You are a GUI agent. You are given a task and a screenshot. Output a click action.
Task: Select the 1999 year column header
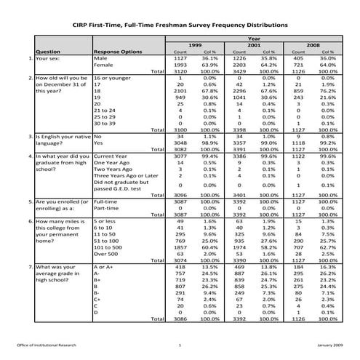(196, 45)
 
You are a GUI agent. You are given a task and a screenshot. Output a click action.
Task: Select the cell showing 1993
(181, 65)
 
